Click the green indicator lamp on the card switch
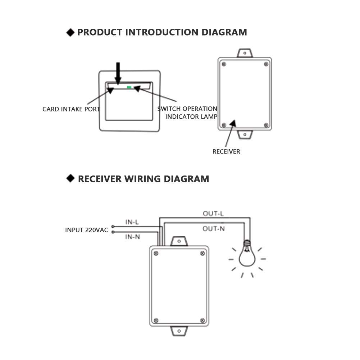point(129,87)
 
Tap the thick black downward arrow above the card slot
point(118,73)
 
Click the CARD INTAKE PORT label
point(71,109)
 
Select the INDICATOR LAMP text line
point(191,117)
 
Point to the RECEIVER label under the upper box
point(226,151)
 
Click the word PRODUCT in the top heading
point(100,32)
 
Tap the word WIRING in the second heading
point(142,179)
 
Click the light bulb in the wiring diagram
point(247,254)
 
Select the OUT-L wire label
point(213,214)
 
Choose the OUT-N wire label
point(214,229)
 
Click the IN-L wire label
point(132,222)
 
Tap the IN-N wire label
point(132,237)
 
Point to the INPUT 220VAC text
point(87,230)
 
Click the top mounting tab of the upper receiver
point(245,53)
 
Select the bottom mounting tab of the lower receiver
point(179,331)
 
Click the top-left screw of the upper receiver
point(224,64)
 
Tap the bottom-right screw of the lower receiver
point(202,320)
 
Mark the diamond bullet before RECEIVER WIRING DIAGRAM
point(70,178)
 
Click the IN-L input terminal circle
point(113,227)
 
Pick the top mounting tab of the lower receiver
point(179,241)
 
